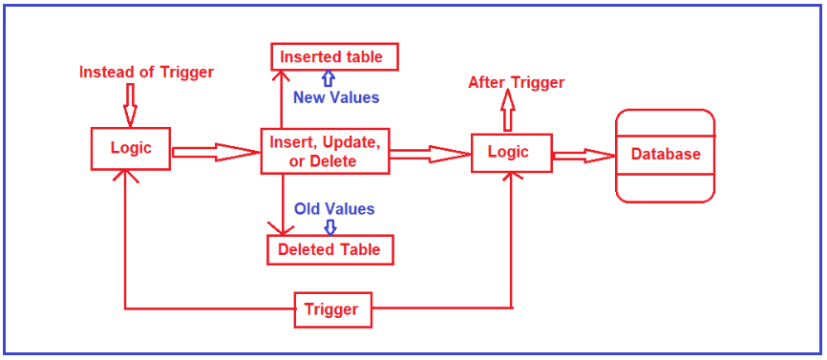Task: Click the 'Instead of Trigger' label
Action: click(x=146, y=72)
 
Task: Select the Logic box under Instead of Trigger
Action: click(x=131, y=149)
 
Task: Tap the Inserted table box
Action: click(x=333, y=57)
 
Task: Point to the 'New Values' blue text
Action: click(x=336, y=97)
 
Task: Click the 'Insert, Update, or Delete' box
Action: click(x=325, y=152)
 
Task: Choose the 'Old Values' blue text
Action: click(x=334, y=209)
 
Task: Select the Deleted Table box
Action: click(x=329, y=250)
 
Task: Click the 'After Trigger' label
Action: click(x=516, y=83)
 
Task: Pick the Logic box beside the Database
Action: click(x=512, y=153)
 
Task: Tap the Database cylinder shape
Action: click(x=665, y=156)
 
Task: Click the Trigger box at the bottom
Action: click(x=331, y=309)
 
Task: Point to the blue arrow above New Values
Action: click(x=329, y=79)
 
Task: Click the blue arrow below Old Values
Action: click(x=330, y=227)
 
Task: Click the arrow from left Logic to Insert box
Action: click(x=215, y=152)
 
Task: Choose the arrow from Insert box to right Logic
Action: click(x=430, y=153)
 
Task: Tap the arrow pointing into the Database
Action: click(x=584, y=156)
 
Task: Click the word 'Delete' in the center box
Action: click(x=333, y=161)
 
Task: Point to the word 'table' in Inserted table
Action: click(x=363, y=57)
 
